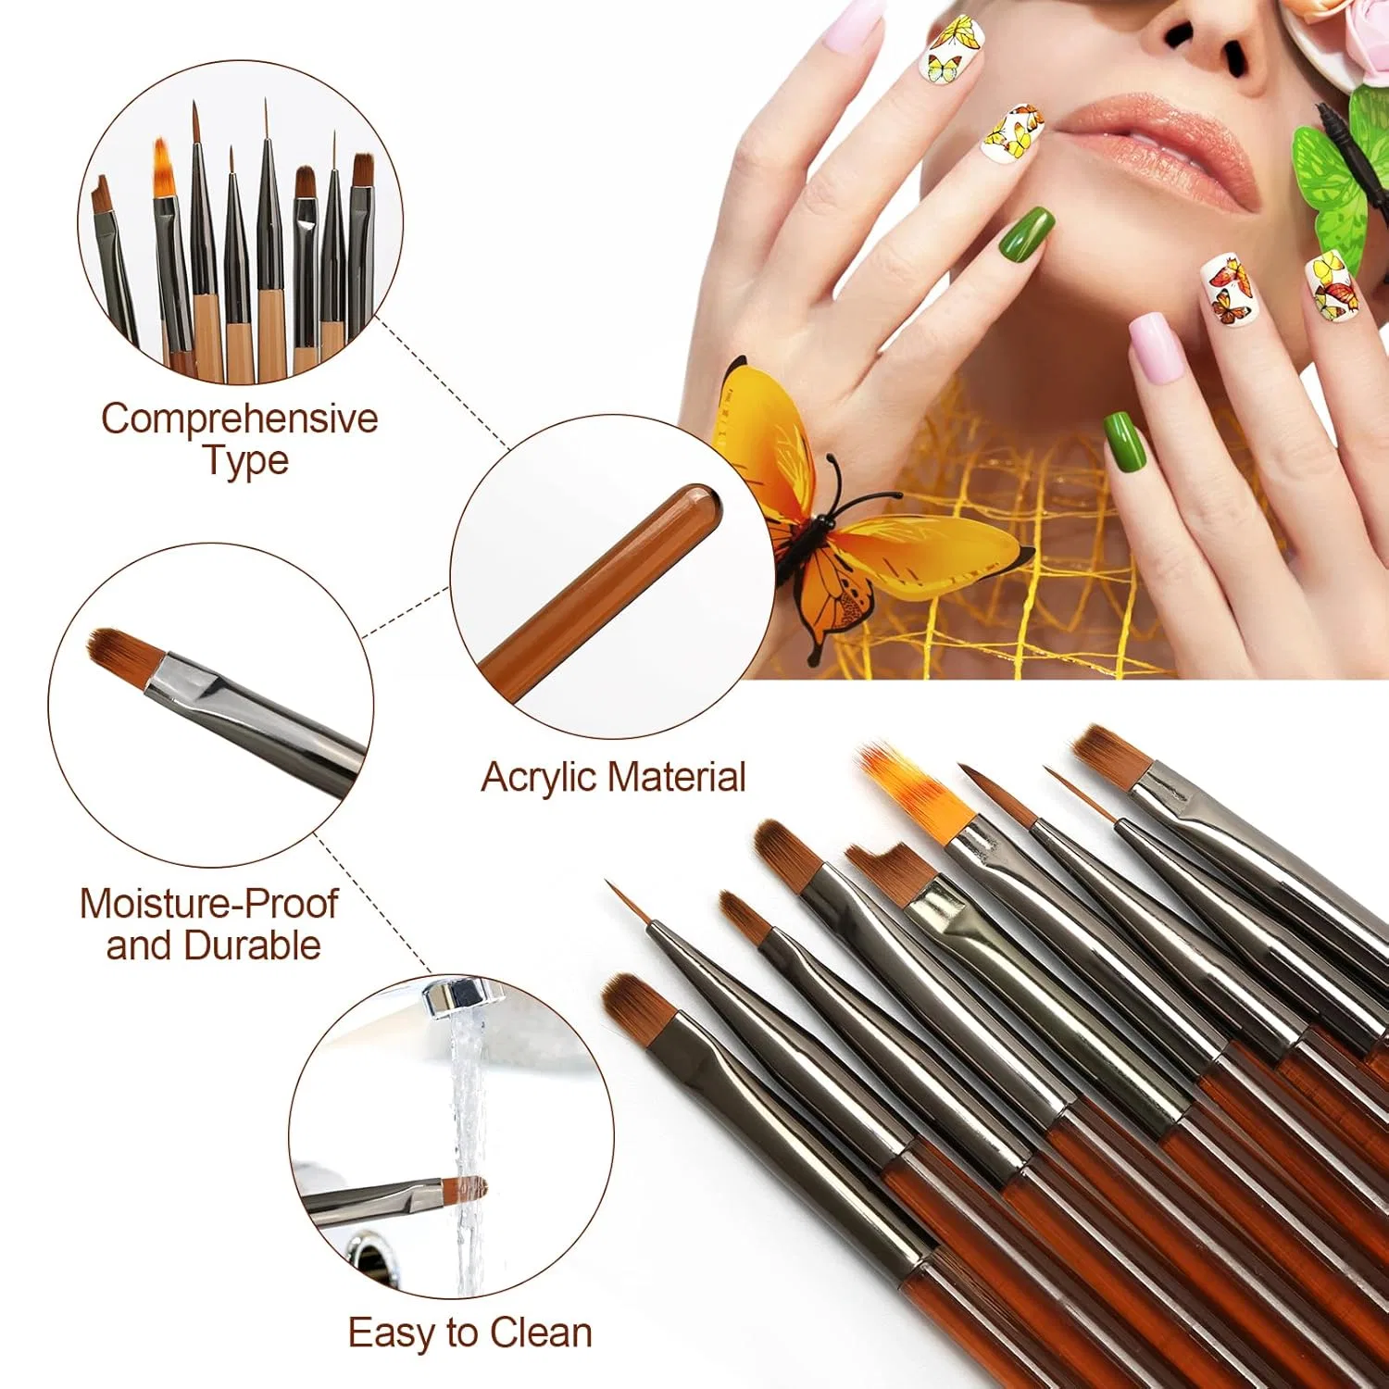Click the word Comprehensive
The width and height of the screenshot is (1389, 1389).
240,419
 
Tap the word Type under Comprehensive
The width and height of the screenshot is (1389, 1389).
246,461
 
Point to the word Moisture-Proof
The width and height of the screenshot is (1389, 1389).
208,904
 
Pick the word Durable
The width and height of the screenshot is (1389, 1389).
252,945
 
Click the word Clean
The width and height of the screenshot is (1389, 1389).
541,1333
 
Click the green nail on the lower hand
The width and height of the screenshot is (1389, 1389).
1125,439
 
